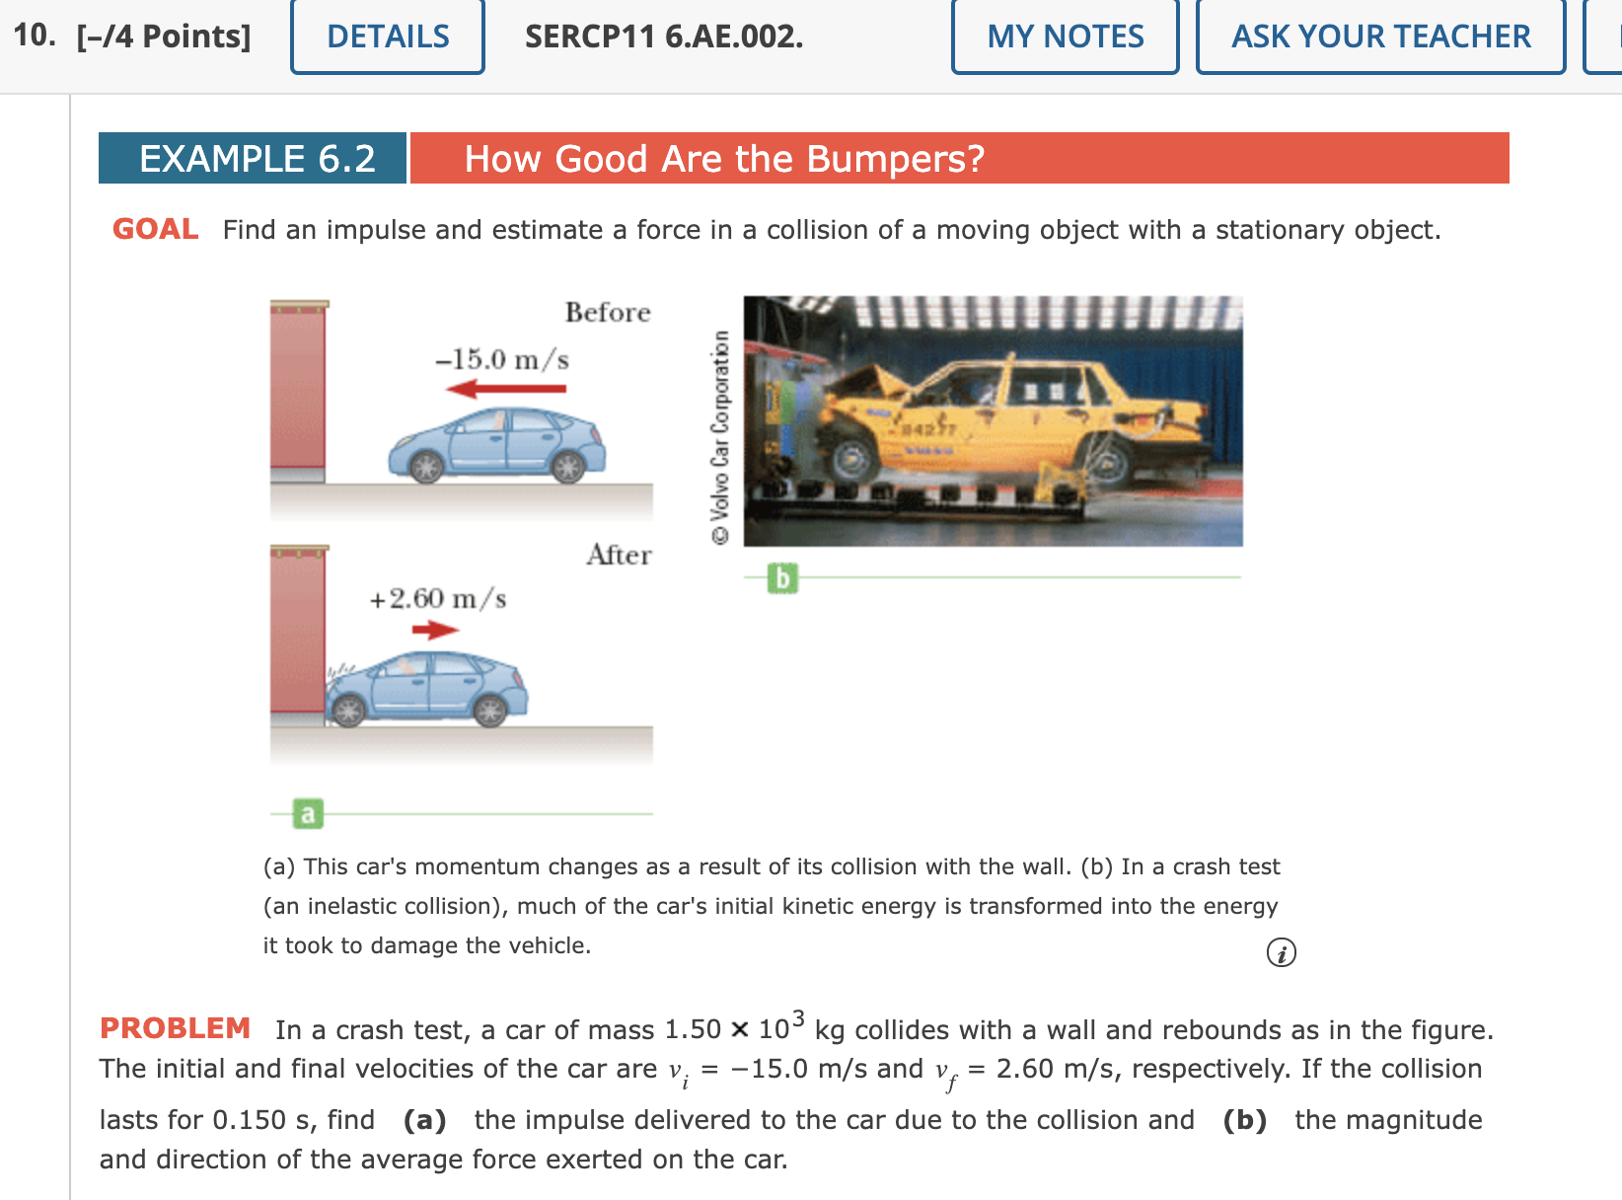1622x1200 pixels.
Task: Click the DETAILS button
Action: coord(388,37)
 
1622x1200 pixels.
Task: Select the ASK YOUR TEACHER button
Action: coord(1380,37)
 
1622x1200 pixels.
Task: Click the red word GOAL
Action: coord(155,229)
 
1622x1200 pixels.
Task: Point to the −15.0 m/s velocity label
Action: coord(502,359)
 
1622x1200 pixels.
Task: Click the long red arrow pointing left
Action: coord(506,389)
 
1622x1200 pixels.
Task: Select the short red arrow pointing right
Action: coord(435,630)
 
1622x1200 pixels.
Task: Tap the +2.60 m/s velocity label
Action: coord(437,599)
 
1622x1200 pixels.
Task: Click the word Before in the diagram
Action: coord(608,313)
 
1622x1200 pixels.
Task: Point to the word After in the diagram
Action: coord(619,556)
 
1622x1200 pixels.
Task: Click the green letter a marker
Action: coord(308,814)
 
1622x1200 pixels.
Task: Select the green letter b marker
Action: coord(782,578)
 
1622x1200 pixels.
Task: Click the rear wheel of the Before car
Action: coord(568,467)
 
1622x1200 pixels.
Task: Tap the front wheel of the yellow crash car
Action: coord(851,459)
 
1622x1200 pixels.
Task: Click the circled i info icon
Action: coord(1281,953)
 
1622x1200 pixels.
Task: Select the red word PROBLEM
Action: coord(175,1028)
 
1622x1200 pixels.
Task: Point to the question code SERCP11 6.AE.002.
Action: coord(663,37)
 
